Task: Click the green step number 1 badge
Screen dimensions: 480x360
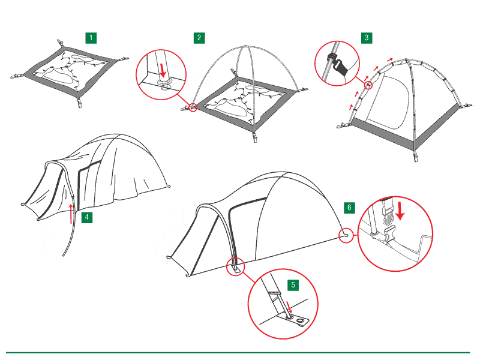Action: [x=91, y=38]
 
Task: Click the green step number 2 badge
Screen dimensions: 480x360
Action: [x=199, y=38]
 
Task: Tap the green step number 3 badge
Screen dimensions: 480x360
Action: [x=367, y=38]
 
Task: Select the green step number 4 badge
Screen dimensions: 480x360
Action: [x=87, y=217]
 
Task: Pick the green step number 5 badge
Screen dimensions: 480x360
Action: [x=293, y=285]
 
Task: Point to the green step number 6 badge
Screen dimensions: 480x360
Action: [x=350, y=208]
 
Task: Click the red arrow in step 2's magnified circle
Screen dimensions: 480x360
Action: [x=163, y=70]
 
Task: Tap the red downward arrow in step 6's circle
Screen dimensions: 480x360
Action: [x=400, y=211]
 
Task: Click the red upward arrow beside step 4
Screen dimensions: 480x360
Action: [x=71, y=214]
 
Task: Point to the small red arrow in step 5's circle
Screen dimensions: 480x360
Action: [x=289, y=307]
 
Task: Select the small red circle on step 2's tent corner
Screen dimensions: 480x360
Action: [x=193, y=107]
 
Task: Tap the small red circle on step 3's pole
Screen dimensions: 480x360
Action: [x=369, y=85]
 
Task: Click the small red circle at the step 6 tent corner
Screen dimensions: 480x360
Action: [x=346, y=235]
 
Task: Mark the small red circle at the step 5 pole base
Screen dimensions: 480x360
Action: [x=235, y=266]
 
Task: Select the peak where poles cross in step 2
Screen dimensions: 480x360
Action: [x=245, y=47]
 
